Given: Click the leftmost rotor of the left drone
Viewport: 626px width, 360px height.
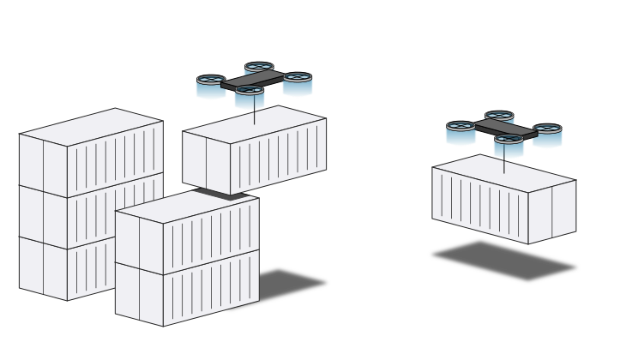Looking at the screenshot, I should click(211, 87).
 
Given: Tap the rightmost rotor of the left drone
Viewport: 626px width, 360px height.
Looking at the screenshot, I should click(298, 83).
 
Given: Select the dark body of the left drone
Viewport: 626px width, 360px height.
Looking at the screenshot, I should click(252, 81).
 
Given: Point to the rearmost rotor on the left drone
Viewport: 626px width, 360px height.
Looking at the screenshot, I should click(259, 68).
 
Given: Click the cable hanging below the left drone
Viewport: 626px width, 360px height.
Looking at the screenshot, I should click(254, 115).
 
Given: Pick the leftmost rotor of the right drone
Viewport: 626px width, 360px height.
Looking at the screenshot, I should click(460, 132).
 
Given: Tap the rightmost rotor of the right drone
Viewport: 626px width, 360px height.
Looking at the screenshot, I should click(547, 135).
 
